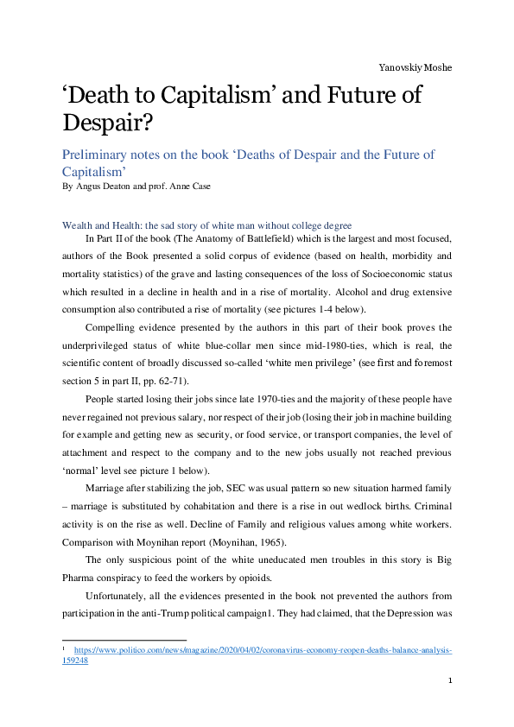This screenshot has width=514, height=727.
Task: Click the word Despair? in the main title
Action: [x=109, y=123]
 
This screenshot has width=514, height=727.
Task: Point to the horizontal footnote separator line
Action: [x=124, y=641]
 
